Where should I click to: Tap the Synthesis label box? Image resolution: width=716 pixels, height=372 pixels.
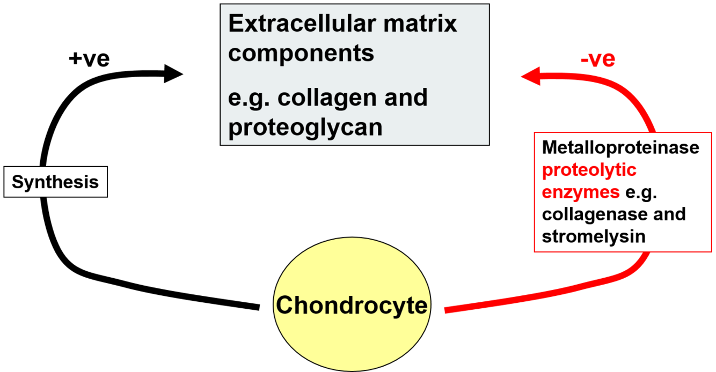(x=55, y=182)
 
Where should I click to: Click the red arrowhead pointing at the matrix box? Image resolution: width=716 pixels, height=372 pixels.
(x=531, y=77)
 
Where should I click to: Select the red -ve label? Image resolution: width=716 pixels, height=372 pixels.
(x=598, y=59)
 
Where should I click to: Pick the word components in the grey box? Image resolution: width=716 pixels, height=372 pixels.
(x=301, y=53)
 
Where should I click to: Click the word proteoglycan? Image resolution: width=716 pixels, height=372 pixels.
(x=305, y=127)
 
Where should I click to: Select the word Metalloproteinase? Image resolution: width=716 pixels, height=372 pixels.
(x=620, y=147)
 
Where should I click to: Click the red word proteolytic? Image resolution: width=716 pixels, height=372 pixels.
(x=589, y=170)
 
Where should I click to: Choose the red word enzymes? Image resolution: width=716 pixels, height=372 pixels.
(x=580, y=192)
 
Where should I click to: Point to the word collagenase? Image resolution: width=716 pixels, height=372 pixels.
(x=594, y=214)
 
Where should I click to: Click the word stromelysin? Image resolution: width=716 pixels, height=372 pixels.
(x=593, y=236)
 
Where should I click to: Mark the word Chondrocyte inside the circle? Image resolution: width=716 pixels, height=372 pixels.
(x=352, y=306)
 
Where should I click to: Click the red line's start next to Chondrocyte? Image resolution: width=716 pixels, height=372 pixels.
(x=447, y=309)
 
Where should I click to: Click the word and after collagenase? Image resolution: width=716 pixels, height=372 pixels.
(x=669, y=214)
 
